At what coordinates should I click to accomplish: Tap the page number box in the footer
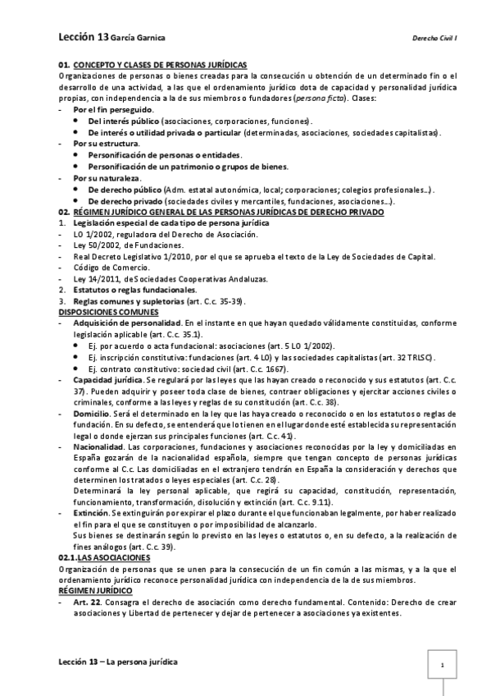tap(442, 666)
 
